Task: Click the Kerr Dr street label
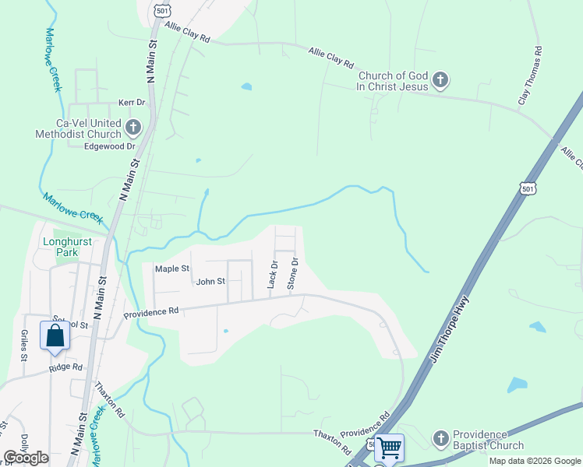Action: (x=132, y=102)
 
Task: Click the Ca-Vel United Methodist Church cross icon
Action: (x=133, y=126)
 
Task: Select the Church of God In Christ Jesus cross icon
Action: (x=440, y=79)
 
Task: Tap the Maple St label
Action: (x=172, y=269)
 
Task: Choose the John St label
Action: (x=210, y=282)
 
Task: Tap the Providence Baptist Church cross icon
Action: (x=441, y=438)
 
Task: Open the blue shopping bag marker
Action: (x=55, y=335)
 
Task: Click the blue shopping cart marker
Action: (x=389, y=448)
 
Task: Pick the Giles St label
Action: (x=24, y=345)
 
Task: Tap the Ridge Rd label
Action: (x=65, y=367)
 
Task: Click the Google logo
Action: (x=26, y=458)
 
